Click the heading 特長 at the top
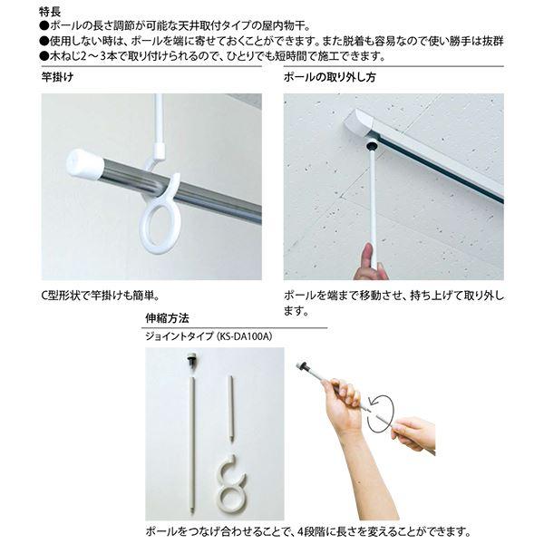[x=50, y=12]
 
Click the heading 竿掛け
[x=58, y=77]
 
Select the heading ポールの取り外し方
[x=330, y=77]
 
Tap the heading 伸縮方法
[x=167, y=318]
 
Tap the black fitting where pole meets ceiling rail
[x=370, y=145]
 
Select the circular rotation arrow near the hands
[x=381, y=414]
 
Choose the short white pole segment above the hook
[x=231, y=409]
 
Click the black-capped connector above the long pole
[x=190, y=360]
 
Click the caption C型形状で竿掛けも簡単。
[x=101, y=296]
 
